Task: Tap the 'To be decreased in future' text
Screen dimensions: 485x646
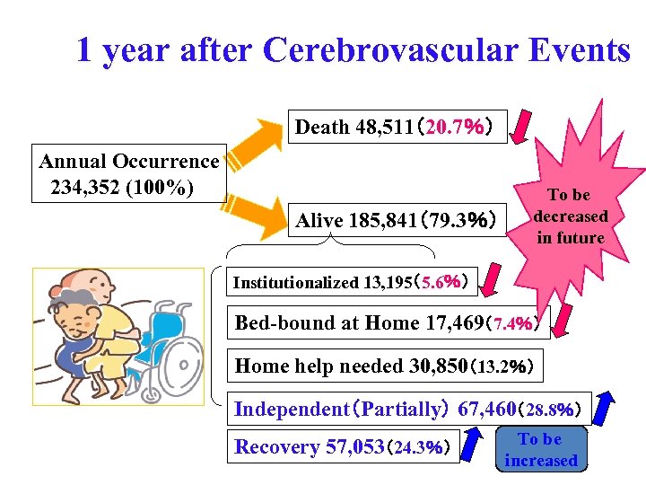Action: pos(570,216)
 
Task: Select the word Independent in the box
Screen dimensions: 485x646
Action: pos(289,410)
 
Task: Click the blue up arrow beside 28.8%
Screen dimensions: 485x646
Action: pos(608,409)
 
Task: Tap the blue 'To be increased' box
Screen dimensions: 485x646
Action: pos(540,450)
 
